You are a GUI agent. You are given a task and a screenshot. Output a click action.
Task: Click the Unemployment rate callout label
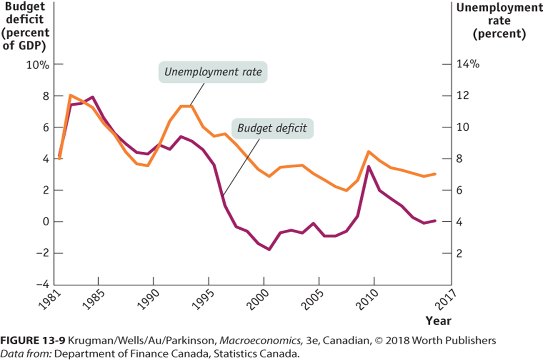tap(213, 72)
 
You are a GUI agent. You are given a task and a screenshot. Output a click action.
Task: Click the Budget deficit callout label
tap(272, 128)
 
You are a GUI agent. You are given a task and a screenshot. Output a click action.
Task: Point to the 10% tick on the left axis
tap(38, 64)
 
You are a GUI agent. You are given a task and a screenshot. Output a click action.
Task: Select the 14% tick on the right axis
tap(468, 64)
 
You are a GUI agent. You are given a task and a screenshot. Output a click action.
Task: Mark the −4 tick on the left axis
tap(43, 284)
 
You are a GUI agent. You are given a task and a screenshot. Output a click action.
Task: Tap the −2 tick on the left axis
tap(43, 253)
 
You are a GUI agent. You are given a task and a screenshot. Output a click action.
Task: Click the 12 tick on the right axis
tap(462, 96)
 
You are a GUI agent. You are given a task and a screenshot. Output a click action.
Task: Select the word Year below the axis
tap(438, 321)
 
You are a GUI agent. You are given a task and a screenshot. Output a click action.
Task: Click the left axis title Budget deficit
tap(25, 26)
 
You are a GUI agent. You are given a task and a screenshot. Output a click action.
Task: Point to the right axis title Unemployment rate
tap(499, 21)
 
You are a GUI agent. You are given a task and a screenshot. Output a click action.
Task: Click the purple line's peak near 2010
tap(368, 167)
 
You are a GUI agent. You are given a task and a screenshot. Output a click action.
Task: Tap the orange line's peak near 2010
tap(368, 152)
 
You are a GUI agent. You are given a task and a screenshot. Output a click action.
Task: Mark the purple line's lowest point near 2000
tap(269, 249)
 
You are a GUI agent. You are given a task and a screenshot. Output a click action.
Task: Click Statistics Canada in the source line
tap(256, 354)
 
